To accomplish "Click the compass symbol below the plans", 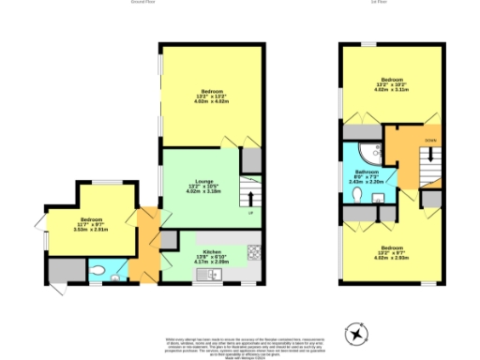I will tap(357, 333).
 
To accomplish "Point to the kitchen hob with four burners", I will tap(253, 250).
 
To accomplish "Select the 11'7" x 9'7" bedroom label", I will tap(96, 224).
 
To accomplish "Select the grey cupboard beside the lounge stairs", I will tap(251, 161).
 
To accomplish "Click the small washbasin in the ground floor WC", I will tap(112, 277).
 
